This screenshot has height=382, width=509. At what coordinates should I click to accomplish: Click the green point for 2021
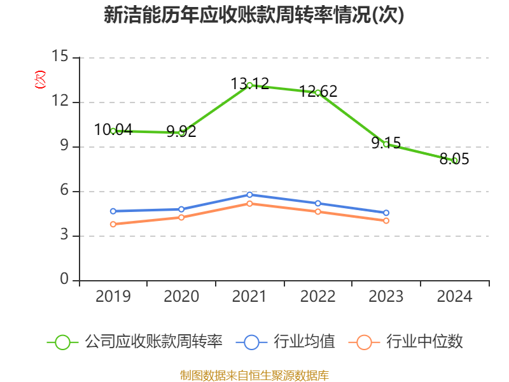click(x=249, y=85)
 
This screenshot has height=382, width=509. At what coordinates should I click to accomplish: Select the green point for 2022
click(x=317, y=92)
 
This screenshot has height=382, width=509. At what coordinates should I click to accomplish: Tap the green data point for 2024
click(x=455, y=160)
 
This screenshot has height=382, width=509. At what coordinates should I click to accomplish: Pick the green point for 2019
click(x=113, y=131)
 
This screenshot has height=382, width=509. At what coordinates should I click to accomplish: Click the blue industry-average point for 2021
click(x=249, y=194)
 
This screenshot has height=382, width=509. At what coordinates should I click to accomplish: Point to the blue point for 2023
click(x=386, y=213)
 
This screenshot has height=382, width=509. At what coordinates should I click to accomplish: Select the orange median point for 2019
click(x=113, y=224)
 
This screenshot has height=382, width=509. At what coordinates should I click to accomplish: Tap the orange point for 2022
click(x=317, y=211)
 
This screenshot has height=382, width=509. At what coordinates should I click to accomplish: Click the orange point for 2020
click(x=181, y=217)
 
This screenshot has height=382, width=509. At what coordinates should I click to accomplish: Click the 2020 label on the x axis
click(x=181, y=297)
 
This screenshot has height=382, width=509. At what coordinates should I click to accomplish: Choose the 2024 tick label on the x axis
click(x=455, y=297)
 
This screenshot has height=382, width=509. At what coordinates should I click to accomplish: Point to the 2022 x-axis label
click(x=317, y=297)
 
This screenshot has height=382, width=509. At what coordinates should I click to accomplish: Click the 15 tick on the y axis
click(x=60, y=57)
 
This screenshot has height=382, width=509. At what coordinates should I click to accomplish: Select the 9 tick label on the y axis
click(x=64, y=146)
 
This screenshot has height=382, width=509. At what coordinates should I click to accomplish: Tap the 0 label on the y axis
click(x=64, y=280)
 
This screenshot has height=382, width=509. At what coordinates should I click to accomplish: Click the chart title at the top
click(x=254, y=16)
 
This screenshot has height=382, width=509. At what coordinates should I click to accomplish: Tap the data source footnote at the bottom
click(x=254, y=375)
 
